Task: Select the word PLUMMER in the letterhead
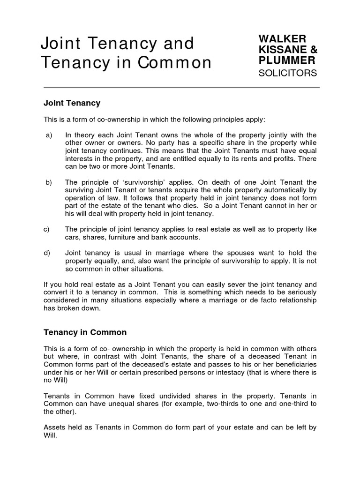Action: click(x=286, y=60)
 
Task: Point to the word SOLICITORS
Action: click(x=288, y=73)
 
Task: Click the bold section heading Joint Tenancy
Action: click(x=72, y=102)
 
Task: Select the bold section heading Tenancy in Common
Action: click(x=85, y=332)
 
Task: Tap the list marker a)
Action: click(x=49, y=135)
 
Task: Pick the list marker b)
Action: click(x=49, y=182)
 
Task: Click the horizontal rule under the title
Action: click(x=181, y=87)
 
